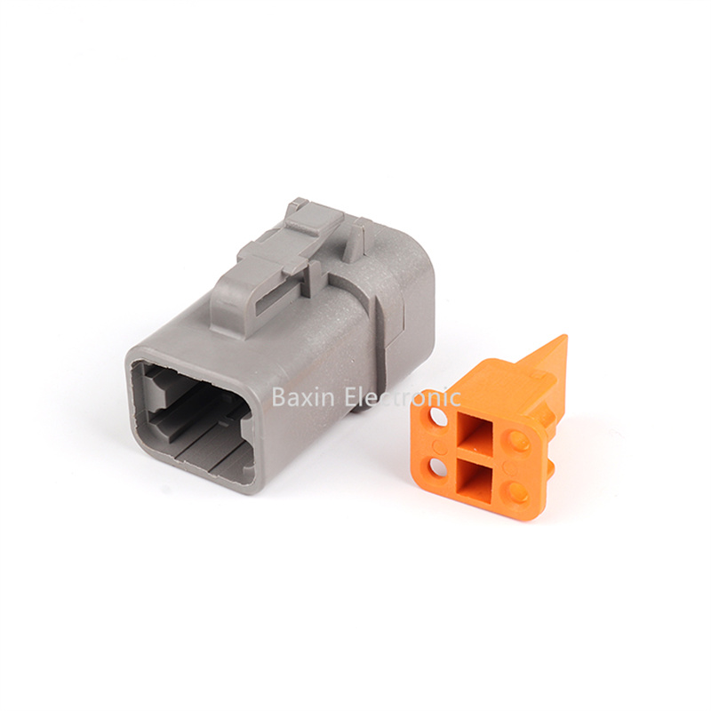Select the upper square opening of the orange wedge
476,435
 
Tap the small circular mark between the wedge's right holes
511,465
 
